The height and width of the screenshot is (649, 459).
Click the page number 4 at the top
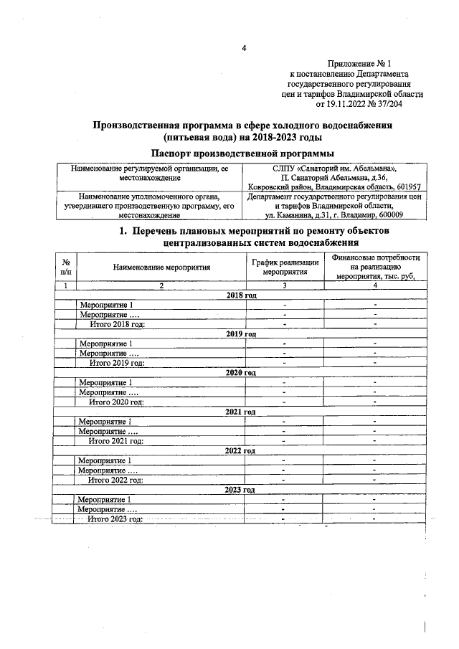coord(243,48)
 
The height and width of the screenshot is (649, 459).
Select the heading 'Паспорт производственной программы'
coord(243,152)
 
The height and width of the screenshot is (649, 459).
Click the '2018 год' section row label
coord(241,295)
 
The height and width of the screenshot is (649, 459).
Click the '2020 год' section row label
coord(241,373)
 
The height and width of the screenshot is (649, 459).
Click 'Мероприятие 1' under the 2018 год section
coord(106,305)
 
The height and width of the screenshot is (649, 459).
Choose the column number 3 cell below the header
coord(285,286)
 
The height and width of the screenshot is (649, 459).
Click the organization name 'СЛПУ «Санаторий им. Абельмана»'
coord(333,168)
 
